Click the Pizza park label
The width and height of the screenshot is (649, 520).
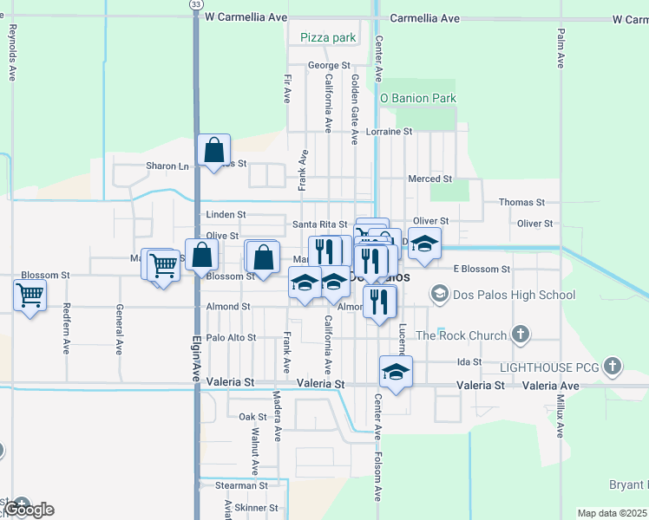point(328,37)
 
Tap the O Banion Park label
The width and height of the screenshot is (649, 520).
point(418,98)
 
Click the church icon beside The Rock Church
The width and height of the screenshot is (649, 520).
point(521,335)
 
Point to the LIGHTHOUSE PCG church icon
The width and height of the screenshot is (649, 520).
point(613,366)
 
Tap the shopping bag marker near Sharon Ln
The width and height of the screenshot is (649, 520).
point(213,151)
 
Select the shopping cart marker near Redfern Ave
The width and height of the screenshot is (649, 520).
point(30,296)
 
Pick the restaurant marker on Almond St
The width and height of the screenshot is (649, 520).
point(379,301)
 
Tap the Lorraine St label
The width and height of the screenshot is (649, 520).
point(388,132)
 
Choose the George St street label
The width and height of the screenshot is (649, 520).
point(329,65)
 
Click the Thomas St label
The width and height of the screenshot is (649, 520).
point(521,202)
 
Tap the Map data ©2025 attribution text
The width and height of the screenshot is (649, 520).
point(612,513)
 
